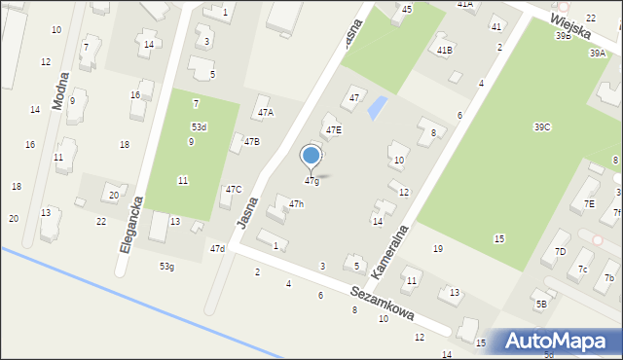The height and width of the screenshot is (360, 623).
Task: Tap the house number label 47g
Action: click(x=311, y=181)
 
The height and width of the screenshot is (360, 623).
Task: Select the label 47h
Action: click(x=296, y=203)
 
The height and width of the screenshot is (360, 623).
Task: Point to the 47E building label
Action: click(x=334, y=129)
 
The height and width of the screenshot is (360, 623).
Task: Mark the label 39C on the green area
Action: click(x=542, y=127)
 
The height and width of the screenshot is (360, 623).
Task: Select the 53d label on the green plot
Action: click(x=199, y=127)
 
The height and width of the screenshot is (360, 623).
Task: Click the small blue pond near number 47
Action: click(x=376, y=108)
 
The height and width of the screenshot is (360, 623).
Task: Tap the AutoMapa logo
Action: click(x=554, y=341)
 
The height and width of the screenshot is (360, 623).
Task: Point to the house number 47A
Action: click(x=265, y=112)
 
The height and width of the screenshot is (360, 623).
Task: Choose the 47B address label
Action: click(x=251, y=141)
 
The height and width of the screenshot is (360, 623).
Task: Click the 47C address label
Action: click(x=234, y=190)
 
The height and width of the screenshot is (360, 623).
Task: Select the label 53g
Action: click(x=167, y=267)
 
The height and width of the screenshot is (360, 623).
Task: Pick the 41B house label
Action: click(x=445, y=50)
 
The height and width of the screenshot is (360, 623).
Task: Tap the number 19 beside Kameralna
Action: click(x=438, y=249)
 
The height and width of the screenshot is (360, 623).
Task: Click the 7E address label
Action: click(x=589, y=203)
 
